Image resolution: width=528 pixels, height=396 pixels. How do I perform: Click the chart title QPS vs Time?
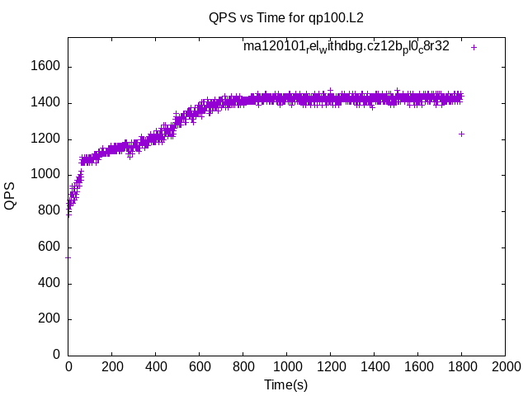(286, 17)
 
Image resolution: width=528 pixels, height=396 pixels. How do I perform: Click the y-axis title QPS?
(10, 196)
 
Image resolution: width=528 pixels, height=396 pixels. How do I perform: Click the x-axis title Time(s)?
(285, 384)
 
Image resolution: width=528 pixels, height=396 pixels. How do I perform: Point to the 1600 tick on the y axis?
(47, 67)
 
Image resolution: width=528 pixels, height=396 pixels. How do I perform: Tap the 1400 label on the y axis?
(47, 103)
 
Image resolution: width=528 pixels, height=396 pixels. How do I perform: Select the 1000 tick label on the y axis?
(47, 175)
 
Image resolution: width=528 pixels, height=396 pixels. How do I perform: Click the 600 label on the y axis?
(50, 247)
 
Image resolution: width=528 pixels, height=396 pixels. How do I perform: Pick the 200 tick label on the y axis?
(50, 319)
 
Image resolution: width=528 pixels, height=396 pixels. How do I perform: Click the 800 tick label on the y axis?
(50, 211)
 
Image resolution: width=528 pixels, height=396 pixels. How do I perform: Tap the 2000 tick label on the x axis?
(505, 366)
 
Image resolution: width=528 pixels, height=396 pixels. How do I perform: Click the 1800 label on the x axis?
(461, 366)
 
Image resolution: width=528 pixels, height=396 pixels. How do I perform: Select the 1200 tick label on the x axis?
(330, 366)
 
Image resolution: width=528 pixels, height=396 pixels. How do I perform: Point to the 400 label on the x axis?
(156, 366)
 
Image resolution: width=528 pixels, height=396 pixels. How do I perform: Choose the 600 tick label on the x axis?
(200, 366)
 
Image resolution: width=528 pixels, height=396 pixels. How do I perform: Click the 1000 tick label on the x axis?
(286, 366)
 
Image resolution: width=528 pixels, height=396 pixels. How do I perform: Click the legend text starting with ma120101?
(346, 46)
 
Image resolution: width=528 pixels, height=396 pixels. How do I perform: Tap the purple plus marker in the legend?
(474, 47)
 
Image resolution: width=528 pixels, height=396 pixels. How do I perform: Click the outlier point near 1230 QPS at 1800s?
(461, 134)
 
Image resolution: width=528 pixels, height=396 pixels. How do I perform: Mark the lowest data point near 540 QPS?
(68, 257)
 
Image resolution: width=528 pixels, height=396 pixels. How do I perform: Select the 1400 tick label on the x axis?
(374, 366)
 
